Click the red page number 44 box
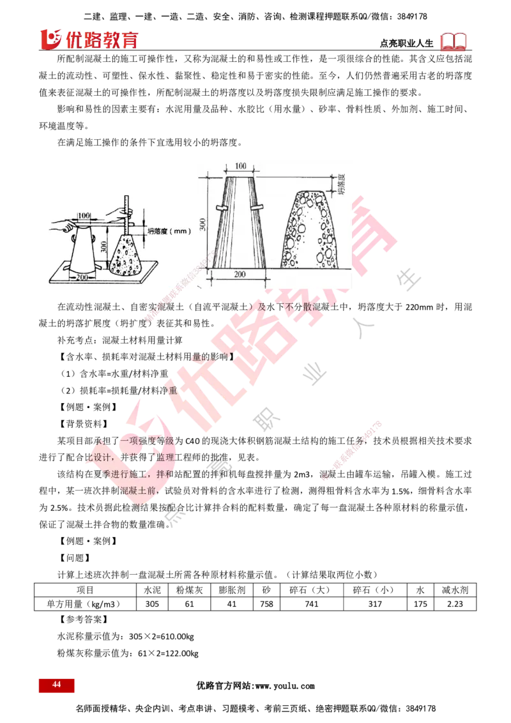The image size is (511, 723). click(x=56, y=685)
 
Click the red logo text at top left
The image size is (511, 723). click(x=89, y=39)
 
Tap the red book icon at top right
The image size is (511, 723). click(x=454, y=42)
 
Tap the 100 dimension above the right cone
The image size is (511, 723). click(x=241, y=166)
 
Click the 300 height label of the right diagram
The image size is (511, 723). click(x=202, y=224)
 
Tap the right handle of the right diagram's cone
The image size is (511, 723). click(x=258, y=207)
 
